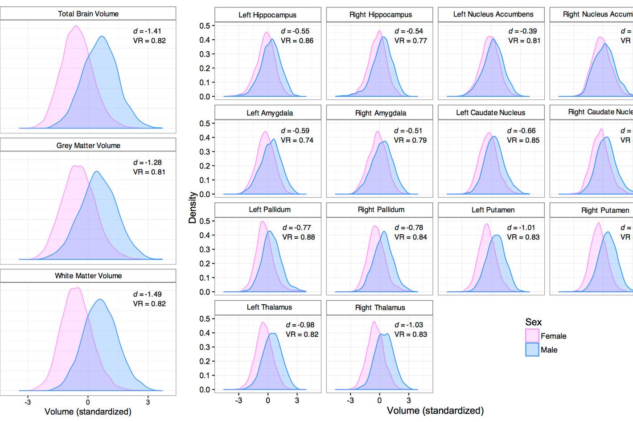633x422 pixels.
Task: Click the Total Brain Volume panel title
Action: (x=88, y=14)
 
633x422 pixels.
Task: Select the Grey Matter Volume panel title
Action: (x=88, y=145)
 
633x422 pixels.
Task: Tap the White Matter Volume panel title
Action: (x=88, y=276)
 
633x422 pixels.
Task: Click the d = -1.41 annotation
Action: (x=147, y=31)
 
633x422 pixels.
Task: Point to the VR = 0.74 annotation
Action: (x=297, y=140)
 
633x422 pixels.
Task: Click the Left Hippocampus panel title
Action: (x=267, y=15)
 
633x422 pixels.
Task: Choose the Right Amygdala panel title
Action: (x=381, y=113)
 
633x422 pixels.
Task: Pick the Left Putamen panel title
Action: (x=493, y=210)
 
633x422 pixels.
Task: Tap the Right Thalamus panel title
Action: (x=380, y=307)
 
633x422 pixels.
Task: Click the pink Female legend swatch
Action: (x=532, y=335)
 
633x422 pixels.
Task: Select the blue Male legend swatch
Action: (x=532, y=349)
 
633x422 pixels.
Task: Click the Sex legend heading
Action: (x=534, y=322)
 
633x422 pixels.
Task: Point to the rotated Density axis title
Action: (x=193, y=207)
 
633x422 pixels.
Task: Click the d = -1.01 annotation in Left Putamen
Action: (x=521, y=228)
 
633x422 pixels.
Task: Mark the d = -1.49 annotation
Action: (x=147, y=294)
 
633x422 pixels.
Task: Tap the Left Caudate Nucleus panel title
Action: (x=490, y=112)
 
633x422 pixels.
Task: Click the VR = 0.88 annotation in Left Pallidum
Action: (x=299, y=237)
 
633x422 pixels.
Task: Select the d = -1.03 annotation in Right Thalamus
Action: (x=409, y=325)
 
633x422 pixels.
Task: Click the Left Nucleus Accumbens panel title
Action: (x=493, y=14)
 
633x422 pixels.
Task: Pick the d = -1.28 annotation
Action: (x=147, y=162)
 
